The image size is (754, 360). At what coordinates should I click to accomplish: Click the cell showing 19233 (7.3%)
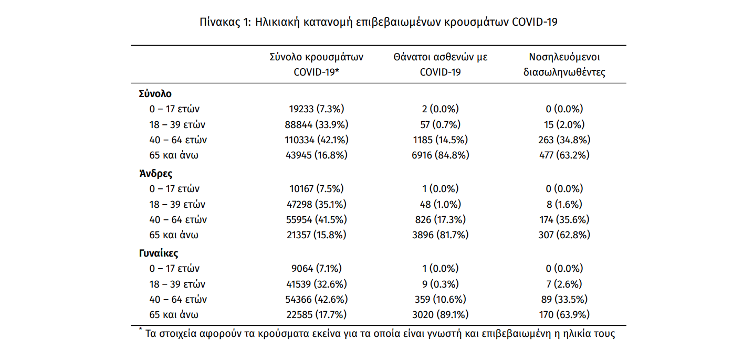pyautogui.click(x=317, y=109)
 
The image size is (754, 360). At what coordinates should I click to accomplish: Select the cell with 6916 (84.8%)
pyautogui.click(x=441, y=155)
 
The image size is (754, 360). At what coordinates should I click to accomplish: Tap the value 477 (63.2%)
pyautogui.click(x=564, y=155)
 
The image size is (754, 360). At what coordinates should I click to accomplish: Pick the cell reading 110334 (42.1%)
pyautogui.click(x=317, y=140)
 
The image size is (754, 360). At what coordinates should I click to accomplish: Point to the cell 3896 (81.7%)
pyautogui.click(x=441, y=235)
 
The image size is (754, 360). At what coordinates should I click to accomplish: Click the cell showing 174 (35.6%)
pyautogui.click(x=564, y=220)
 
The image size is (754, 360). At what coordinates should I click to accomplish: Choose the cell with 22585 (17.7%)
pyautogui.click(x=317, y=314)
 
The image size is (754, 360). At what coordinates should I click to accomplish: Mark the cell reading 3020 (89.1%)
pyautogui.click(x=441, y=314)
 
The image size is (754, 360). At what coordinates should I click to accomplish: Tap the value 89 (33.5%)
pyautogui.click(x=564, y=300)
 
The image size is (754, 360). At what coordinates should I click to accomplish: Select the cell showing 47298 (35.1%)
pyautogui.click(x=317, y=204)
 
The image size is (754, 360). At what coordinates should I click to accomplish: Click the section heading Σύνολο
pyautogui.click(x=155, y=93)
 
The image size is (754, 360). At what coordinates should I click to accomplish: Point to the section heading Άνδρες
pyautogui.click(x=155, y=174)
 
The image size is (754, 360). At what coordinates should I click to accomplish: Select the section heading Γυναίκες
pyautogui.click(x=159, y=253)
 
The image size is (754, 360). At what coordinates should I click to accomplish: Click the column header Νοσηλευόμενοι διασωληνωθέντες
pyautogui.click(x=564, y=65)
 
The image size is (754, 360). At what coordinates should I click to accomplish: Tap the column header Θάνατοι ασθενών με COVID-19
pyautogui.click(x=441, y=65)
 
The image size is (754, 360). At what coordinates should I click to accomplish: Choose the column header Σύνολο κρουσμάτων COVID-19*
pyautogui.click(x=317, y=65)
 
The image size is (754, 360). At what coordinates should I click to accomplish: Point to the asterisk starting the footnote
pyautogui.click(x=140, y=329)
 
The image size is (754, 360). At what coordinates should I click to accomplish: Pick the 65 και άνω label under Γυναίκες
pyautogui.click(x=174, y=314)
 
